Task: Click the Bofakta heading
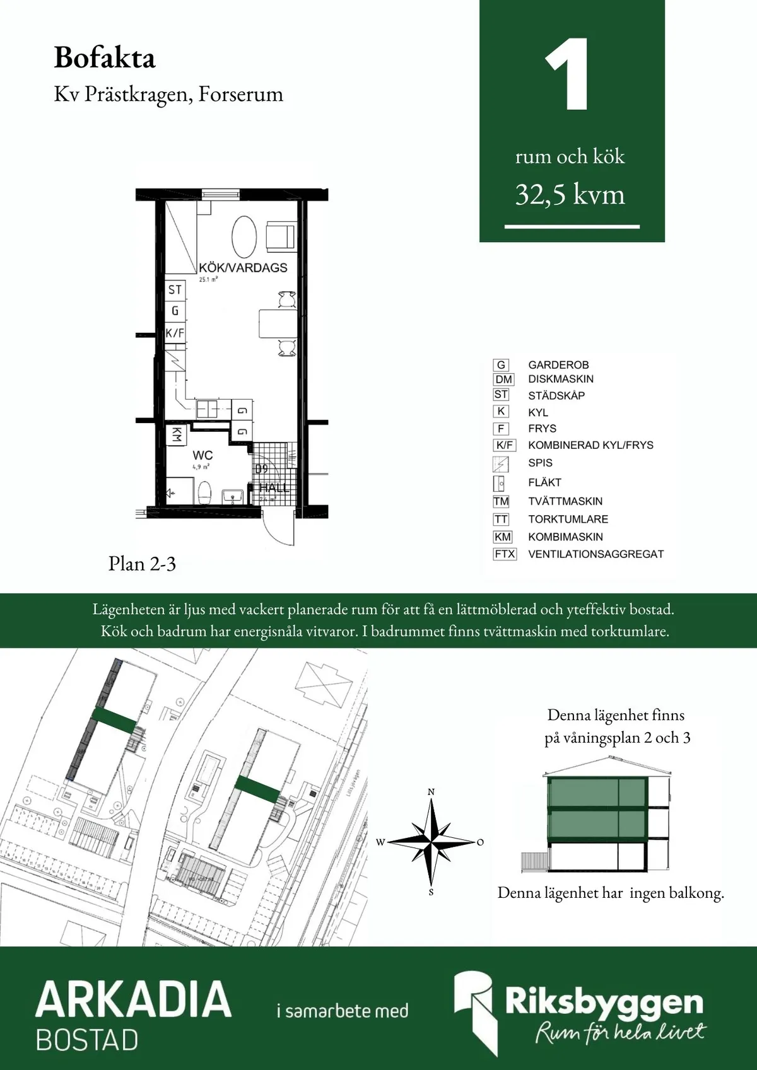[x=105, y=58]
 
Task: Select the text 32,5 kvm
[x=570, y=195]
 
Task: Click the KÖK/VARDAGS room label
[x=243, y=267]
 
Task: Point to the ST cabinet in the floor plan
[x=175, y=290]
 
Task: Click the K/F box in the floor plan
[x=175, y=333]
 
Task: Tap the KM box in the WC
[x=177, y=434]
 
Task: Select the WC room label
[x=202, y=455]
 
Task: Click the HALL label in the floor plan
[x=274, y=488]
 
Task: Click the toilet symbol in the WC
[x=205, y=492]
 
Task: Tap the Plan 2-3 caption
[x=142, y=564]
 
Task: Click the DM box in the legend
[x=503, y=380]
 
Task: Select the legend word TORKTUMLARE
[x=568, y=520]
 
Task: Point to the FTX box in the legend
[x=505, y=554]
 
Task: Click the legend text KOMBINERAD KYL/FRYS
[x=590, y=445]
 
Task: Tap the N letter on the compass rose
[x=431, y=792]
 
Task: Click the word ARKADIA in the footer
[x=133, y=999]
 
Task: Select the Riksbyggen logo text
[x=603, y=1001]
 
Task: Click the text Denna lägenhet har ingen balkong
[x=610, y=893]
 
